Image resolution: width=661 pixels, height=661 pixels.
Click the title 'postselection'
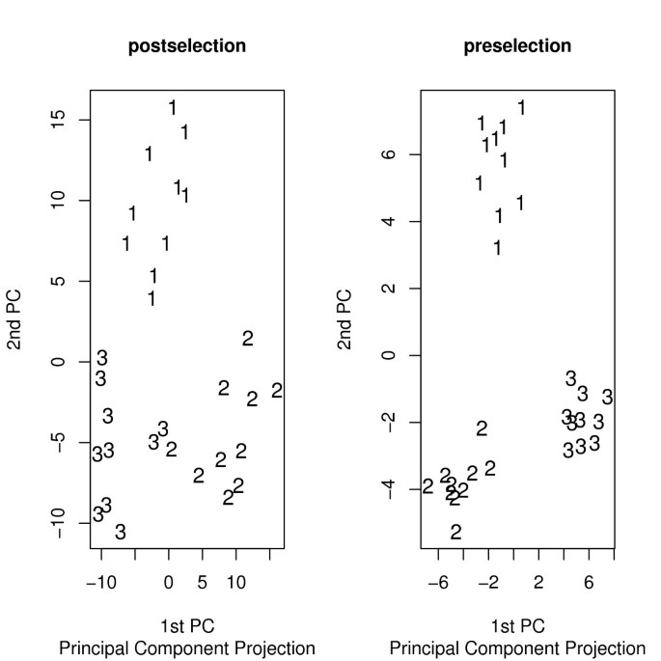(x=187, y=45)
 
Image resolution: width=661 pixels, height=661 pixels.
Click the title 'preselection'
(x=517, y=45)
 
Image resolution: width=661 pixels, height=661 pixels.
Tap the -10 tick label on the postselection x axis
(x=101, y=582)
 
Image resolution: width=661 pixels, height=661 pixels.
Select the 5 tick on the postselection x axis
(x=203, y=582)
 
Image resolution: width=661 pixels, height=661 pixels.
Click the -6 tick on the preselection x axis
(x=438, y=582)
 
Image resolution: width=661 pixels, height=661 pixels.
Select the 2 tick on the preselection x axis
(x=538, y=582)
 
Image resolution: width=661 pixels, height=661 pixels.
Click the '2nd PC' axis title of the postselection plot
(x=18, y=319)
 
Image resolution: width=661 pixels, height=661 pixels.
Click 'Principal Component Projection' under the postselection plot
(x=187, y=647)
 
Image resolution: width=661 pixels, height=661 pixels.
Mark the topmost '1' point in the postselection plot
(x=173, y=108)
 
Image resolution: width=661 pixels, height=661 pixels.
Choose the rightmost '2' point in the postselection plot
(x=277, y=391)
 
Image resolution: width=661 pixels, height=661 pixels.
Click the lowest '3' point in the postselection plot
(x=121, y=532)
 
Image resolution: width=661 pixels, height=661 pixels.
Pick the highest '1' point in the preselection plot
(x=521, y=108)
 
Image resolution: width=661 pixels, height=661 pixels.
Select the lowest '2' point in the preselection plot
(x=455, y=532)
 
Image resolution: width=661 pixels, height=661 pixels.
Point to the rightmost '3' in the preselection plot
(x=607, y=397)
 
